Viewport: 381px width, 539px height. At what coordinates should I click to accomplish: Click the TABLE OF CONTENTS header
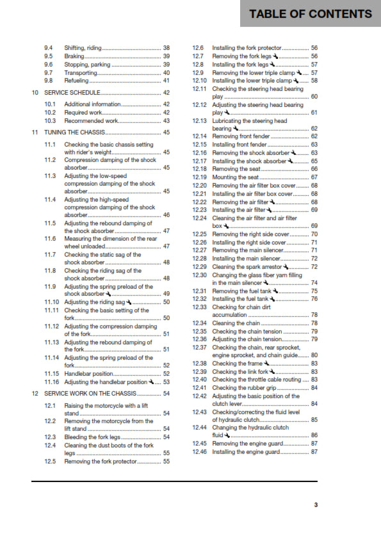tap(310, 13)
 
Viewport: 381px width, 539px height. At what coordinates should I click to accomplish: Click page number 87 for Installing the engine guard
tap(314, 451)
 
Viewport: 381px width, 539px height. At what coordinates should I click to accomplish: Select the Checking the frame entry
tap(236, 363)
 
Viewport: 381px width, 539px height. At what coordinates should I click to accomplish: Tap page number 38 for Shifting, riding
tap(166, 48)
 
